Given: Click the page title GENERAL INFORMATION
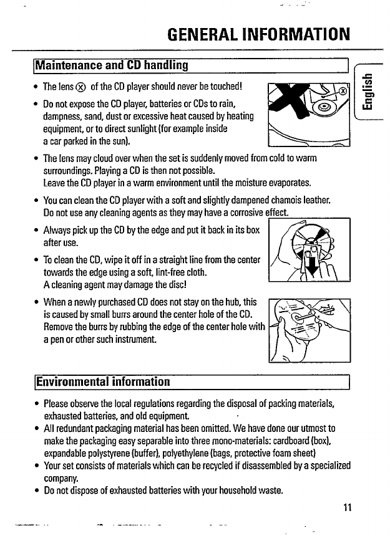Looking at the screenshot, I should coord(258,32).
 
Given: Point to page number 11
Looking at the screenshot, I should coord(348,506).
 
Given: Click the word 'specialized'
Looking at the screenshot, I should coord(324,465).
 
